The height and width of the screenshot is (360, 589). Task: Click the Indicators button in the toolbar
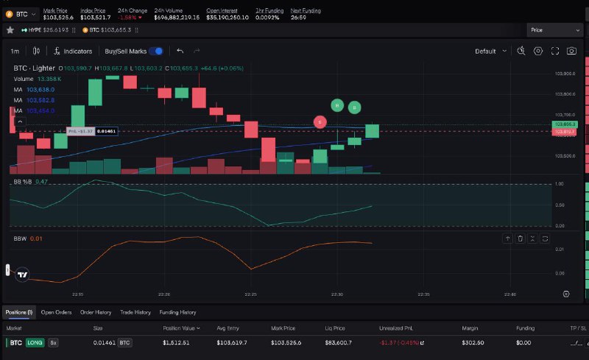pos(73,52)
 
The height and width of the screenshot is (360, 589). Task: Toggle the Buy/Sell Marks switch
pos(155,52)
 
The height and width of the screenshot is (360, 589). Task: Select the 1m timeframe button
pos(15,52)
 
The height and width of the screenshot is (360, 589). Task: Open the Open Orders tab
pos(56,312)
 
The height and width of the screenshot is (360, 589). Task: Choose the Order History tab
pos(96,312)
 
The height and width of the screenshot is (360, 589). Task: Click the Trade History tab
pos(135,312)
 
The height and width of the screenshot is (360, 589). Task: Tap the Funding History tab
pos(177,312)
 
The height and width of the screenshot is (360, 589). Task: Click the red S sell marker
pos(320,121)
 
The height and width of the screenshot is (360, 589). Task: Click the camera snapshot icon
pos(571,51)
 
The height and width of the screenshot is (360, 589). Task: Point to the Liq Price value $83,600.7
pos(339,342)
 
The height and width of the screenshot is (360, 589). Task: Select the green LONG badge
pos(35,342)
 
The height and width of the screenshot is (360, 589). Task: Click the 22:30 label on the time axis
pos(337,294)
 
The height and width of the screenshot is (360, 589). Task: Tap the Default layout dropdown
pos(490,52)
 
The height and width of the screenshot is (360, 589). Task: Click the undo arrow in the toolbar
pos(180,51)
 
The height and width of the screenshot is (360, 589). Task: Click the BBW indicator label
pos(20,239)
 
